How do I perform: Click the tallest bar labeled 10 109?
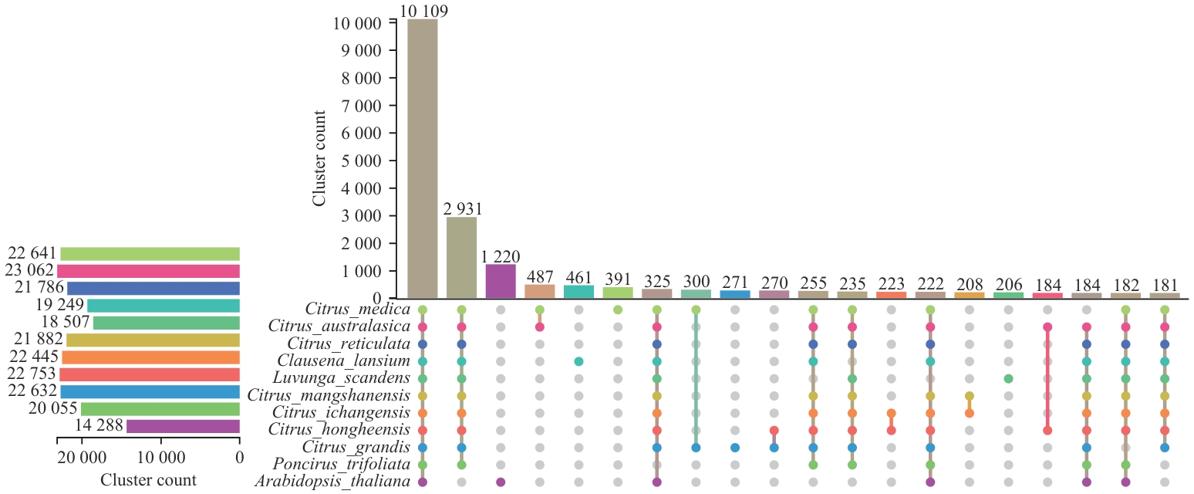422,158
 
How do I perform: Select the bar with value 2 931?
461,258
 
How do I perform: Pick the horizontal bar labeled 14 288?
183,426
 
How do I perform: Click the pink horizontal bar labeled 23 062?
148,271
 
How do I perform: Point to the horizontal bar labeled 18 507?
166,323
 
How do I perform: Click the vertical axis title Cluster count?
319,157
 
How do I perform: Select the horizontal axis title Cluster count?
148,480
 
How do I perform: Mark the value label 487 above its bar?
539,277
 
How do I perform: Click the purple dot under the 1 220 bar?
501,482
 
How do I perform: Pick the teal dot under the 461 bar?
578,361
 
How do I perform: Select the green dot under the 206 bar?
1008,379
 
